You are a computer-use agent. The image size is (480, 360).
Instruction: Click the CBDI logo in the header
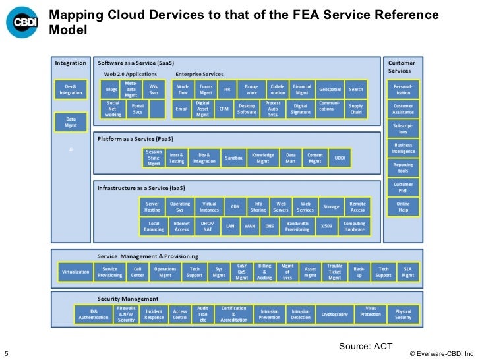tap(23, 22)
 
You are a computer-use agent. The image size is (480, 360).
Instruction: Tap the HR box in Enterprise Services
tap(227, 90)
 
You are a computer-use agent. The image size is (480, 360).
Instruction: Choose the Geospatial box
tap(330, 90)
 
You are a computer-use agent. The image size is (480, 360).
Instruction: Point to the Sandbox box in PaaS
tap(233, 158)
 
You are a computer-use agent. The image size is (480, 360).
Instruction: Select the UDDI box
tap(340, 158)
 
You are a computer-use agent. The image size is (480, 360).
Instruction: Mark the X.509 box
tap(326, 226)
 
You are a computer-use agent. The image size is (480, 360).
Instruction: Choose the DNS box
tap(269, 226)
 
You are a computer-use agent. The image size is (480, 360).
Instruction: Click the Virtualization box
tap(75, 272)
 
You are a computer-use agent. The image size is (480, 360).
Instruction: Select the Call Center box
tap(138, 272)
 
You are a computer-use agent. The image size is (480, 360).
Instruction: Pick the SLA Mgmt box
tap(408, 272)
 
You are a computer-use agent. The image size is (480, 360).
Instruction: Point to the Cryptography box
tap(334, 314)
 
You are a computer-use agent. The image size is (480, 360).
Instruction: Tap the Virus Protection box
tap(371, 314)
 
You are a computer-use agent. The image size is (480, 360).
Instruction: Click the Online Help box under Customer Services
tap(403, 207)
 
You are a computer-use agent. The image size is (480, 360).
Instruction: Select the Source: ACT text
tap(365, 345)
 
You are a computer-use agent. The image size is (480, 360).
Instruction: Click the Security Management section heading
tap(128, 299)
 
